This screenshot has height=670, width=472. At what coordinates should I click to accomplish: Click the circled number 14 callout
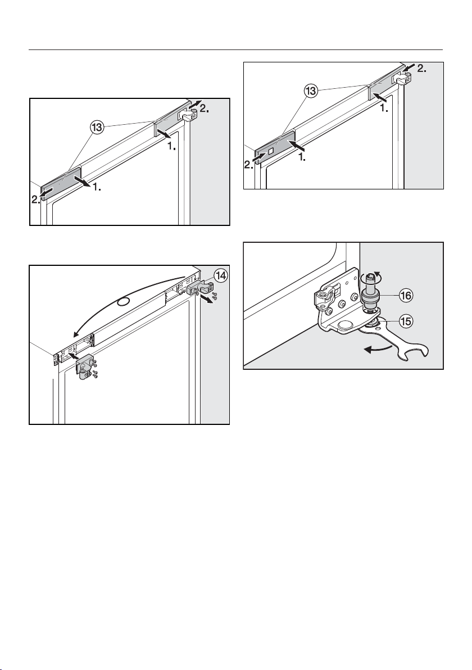[220, 277]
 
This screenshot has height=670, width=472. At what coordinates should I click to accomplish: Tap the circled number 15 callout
[405, 321]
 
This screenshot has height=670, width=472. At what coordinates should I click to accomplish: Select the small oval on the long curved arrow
[123, 303]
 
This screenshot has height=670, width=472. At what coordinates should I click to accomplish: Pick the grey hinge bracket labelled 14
[197, 287]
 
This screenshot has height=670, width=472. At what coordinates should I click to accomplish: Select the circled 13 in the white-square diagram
[311, 92]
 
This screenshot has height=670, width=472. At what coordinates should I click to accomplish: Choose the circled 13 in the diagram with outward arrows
[97, 128]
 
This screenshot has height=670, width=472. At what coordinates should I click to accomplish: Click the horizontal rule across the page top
[236, 50]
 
